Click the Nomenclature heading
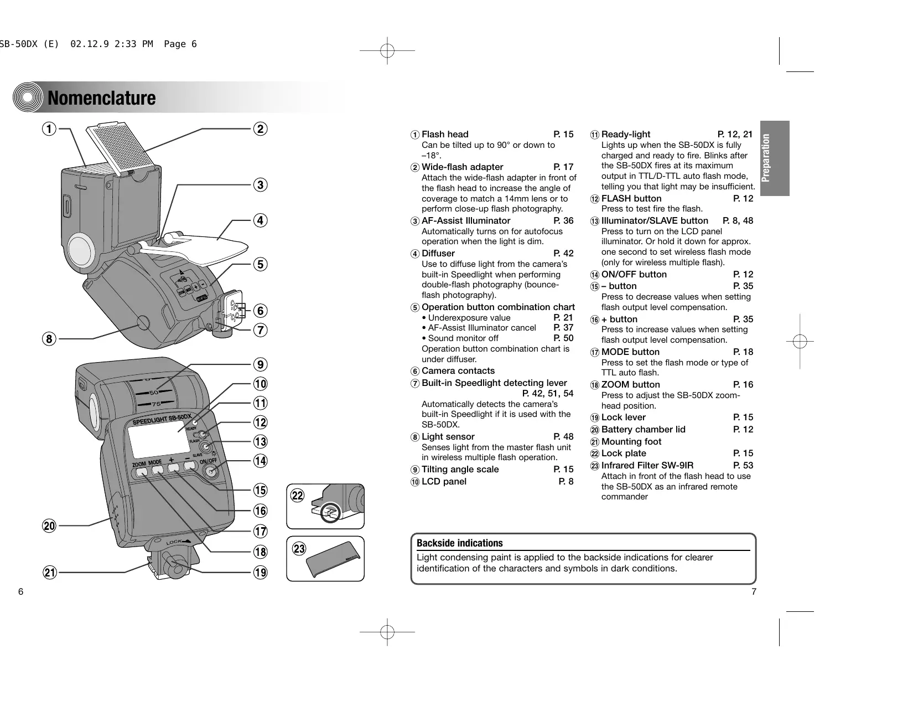tap(102, 98)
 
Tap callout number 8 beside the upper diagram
tap(50, 338)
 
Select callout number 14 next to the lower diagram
tap(260, 461)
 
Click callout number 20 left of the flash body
tap(50, 525)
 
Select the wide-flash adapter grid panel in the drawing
tap(122, 147)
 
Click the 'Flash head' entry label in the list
tap(445, 135)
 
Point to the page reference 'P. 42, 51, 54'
tap(548, 394)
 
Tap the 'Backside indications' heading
tap(460, 543)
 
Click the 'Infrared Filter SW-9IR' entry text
tap(647, 466)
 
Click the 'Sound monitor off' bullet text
tap(463, 338)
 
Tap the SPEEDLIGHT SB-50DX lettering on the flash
tap(162, 420)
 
